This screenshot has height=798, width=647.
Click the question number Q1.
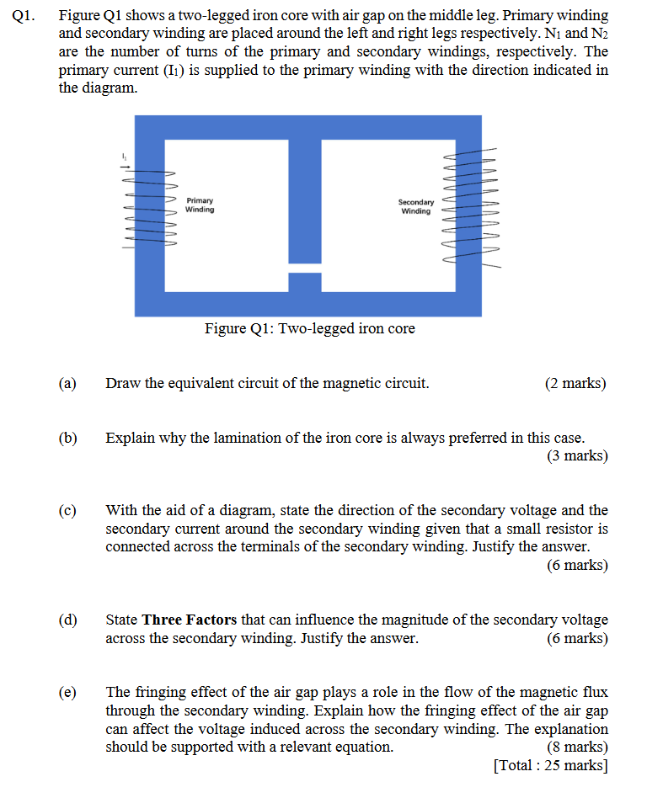click(25, 16)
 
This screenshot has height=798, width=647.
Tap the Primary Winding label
click(200, 205)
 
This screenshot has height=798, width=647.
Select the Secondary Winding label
click(415, 206)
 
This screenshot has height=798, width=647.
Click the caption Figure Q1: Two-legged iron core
click(309, 328)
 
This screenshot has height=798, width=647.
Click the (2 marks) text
click(575, 384)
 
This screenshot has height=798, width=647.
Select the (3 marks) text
click(577, 456)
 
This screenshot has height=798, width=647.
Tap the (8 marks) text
click(577, 747)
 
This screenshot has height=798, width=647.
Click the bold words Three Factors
click(190, 620)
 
